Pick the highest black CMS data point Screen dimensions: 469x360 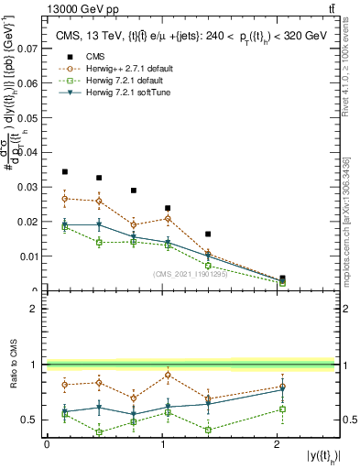pos(65,171)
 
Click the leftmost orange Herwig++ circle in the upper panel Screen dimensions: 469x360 pos(65,198)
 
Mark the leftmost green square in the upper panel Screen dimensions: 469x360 pos(65,227)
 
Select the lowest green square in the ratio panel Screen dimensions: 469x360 pos(100,432)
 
